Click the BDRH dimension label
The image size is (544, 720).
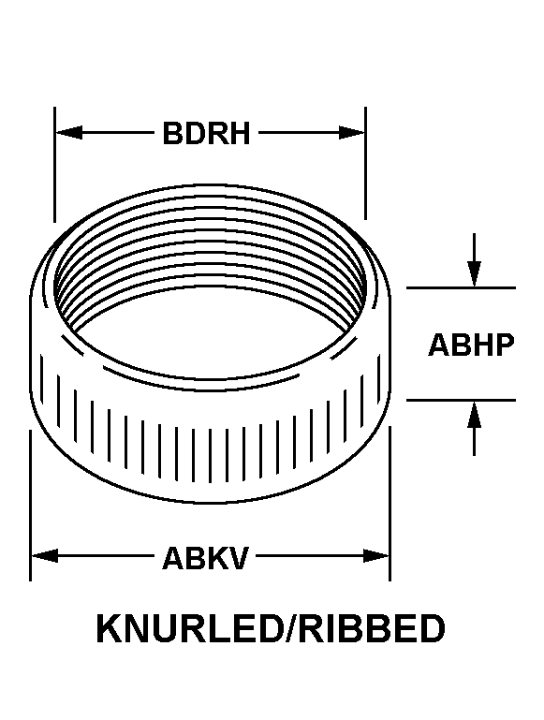click(x=206, y=133)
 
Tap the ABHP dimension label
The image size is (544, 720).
click(x=471, y=345)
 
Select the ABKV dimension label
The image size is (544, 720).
click(x=205, y=557)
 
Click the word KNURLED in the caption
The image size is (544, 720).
click(x=188, y=628)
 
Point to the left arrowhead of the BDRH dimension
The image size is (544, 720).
click(x=69, y=133)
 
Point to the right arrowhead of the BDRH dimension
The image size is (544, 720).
click(x=352, y=133)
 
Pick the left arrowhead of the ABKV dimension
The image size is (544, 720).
click(x=45, y=555)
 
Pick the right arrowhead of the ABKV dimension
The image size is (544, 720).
click(x=376, y=555)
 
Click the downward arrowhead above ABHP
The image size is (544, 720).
click(x=474, y=273)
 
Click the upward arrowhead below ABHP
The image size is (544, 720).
click(x=474, y=415)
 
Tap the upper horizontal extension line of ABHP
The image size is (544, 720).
click(x=461, y=288)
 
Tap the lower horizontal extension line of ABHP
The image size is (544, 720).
click(x=461, y=401)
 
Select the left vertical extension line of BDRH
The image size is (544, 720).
click(x=54, y=165)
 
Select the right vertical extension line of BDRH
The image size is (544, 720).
click(x=366, y=164)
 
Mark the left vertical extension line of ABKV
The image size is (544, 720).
click(x=30, y=506)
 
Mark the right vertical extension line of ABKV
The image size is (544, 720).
click(x=390, y=504)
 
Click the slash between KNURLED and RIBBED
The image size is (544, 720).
click(x=289, y=628)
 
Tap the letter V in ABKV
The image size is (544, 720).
click(x=238, y=557)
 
